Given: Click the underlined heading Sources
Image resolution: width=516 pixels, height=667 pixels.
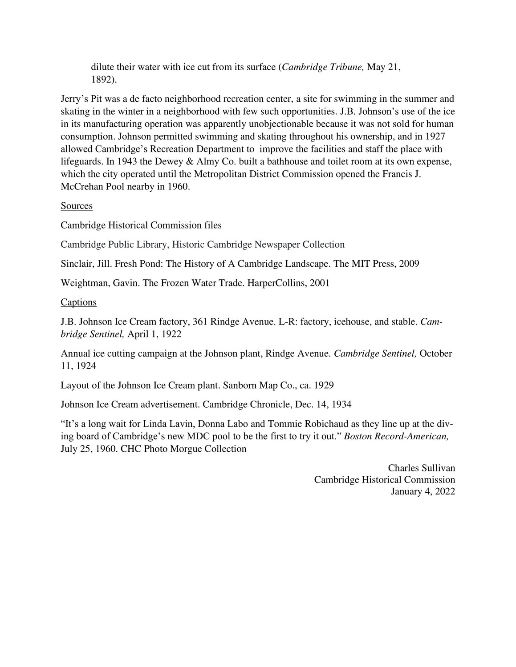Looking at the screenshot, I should pos(77,206).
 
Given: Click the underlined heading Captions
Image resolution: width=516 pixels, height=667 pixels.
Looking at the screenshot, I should pos(78,302).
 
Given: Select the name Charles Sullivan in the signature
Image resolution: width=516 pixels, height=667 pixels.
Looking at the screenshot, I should pos(421,468).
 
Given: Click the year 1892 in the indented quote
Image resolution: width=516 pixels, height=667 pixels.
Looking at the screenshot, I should pos(101,80).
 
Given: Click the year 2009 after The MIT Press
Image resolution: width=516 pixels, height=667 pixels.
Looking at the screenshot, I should pos(409,264).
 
